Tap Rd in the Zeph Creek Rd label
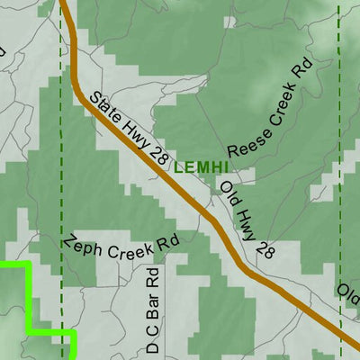click(x=167, y=242)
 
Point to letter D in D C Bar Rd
click(x=153, y=348)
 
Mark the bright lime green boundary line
click(x=29, y=297)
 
